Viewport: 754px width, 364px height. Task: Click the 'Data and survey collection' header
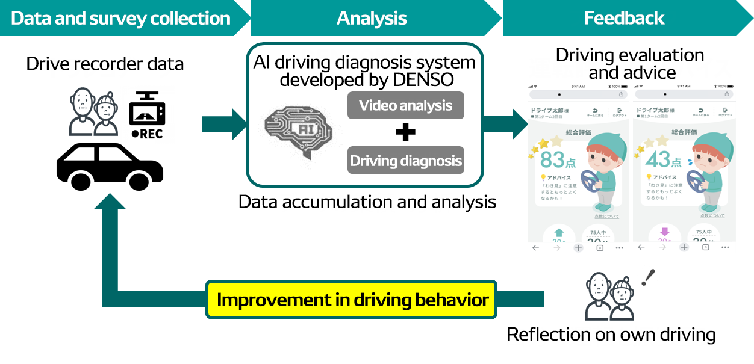120,18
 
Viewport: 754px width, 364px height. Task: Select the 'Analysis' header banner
372,18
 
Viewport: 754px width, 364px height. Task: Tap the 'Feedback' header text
624,18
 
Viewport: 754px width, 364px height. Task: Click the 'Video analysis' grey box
405,105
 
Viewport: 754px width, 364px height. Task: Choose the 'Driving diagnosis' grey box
405,161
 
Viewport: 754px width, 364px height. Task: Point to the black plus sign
405,132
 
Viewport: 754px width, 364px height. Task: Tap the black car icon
110,165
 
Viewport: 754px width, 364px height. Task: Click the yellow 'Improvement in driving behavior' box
352,299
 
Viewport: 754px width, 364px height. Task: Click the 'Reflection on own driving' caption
611,335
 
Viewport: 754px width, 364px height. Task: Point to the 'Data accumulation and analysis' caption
367,202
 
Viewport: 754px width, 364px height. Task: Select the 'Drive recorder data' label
105,63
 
